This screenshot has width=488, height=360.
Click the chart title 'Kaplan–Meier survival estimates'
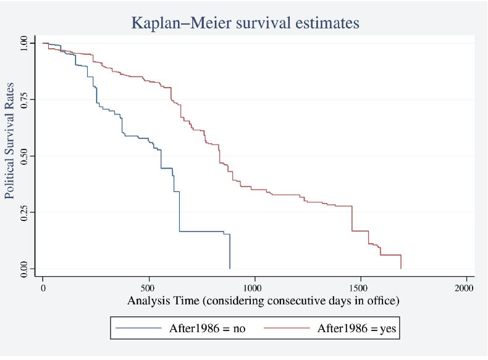pos(245,23)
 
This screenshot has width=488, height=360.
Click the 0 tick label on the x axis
pos(43,288)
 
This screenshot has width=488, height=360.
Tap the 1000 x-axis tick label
pos(254,288)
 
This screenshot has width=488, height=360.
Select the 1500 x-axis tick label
pos(360,288)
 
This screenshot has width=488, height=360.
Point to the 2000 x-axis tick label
pos(465,288)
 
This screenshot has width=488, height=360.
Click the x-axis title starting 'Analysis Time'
pos(254,302)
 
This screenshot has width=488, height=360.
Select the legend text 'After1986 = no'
pos(208,329)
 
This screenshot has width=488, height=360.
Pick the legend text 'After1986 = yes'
pos(357,329)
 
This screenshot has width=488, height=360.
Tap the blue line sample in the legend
pos(140,329)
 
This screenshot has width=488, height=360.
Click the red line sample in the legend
pos(290,329)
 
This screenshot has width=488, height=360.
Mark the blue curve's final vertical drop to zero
pos(230,252)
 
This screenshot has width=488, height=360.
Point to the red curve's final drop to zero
pos(401,262)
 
